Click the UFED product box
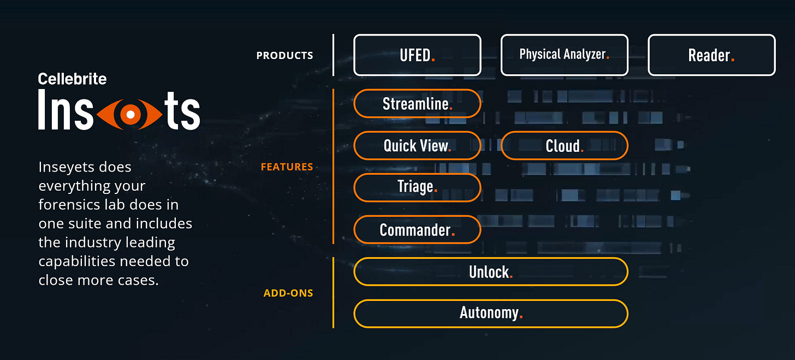[x=417, y=55]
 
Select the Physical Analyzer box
[x=564, y=55]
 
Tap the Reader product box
[x=711, y=55]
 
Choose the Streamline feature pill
[x=417, y=104]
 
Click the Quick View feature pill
[x=417, y=146]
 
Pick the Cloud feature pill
[x=564, y=146]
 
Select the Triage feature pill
[x=417, y=187]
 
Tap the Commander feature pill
[x=417, y=229]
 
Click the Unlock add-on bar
[x=491, y=272]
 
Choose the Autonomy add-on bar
[x=491, y=314]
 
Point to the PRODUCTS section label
[x=284, y=56]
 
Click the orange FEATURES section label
[x=287, y=167]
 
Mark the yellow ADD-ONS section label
[x=288, y=293]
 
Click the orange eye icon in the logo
[x=130, y=114]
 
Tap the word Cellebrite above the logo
[x=72, y=79]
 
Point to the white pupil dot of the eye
[x=130, y=114]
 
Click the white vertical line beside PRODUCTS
[x=333, y=55]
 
